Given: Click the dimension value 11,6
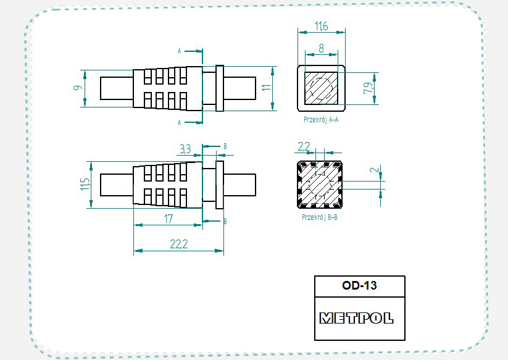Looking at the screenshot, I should pos(320,26).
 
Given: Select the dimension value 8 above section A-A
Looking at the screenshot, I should pos(321,48).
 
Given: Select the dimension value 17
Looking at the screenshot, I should pos(168,218).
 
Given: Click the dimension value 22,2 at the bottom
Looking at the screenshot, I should pos(178,245).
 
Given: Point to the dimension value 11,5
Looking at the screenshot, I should pos(85,185).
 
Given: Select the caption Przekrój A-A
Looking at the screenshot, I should pos(320,119).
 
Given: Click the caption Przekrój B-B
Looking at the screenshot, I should pos(319,217).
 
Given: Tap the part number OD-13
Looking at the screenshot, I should pos(359,286).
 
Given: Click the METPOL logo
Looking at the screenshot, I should pos(357,318).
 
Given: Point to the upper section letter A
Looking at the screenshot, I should pos(180,51).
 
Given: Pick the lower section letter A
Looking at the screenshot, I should pos(180,123).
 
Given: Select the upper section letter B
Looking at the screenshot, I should pos(225,146).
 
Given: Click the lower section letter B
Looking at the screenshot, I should pos(225,220).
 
